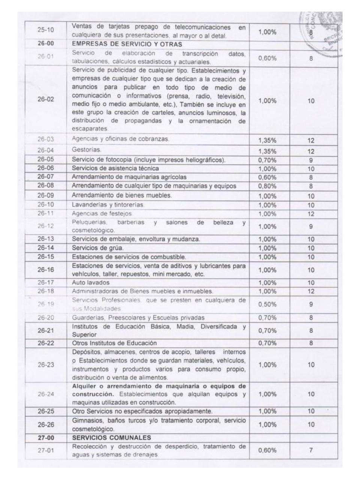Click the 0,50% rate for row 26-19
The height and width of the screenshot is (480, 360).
[267, 304]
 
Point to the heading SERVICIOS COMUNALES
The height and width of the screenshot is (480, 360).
[111, 438]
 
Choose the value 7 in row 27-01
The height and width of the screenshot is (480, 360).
[311, 450]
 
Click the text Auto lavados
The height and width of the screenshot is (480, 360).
[91, 282]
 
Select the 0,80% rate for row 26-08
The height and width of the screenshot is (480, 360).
[267, 186]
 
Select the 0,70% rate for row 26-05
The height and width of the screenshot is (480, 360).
[267, 160]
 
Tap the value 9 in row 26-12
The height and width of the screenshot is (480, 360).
[311, 226]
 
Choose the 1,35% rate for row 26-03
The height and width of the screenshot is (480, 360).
[267, 141]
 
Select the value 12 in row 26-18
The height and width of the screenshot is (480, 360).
[311, 291]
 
